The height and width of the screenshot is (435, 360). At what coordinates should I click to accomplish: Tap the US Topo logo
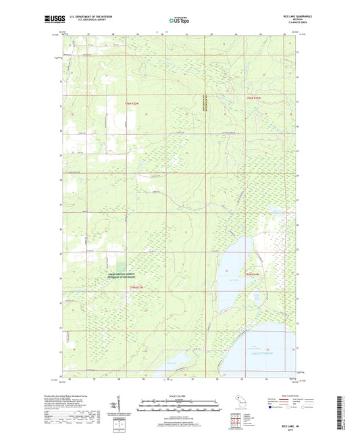click(179, 21)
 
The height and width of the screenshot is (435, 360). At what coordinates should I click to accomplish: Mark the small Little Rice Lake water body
click(256, 296)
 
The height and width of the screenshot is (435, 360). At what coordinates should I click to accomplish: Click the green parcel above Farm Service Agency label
click(121, 267)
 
